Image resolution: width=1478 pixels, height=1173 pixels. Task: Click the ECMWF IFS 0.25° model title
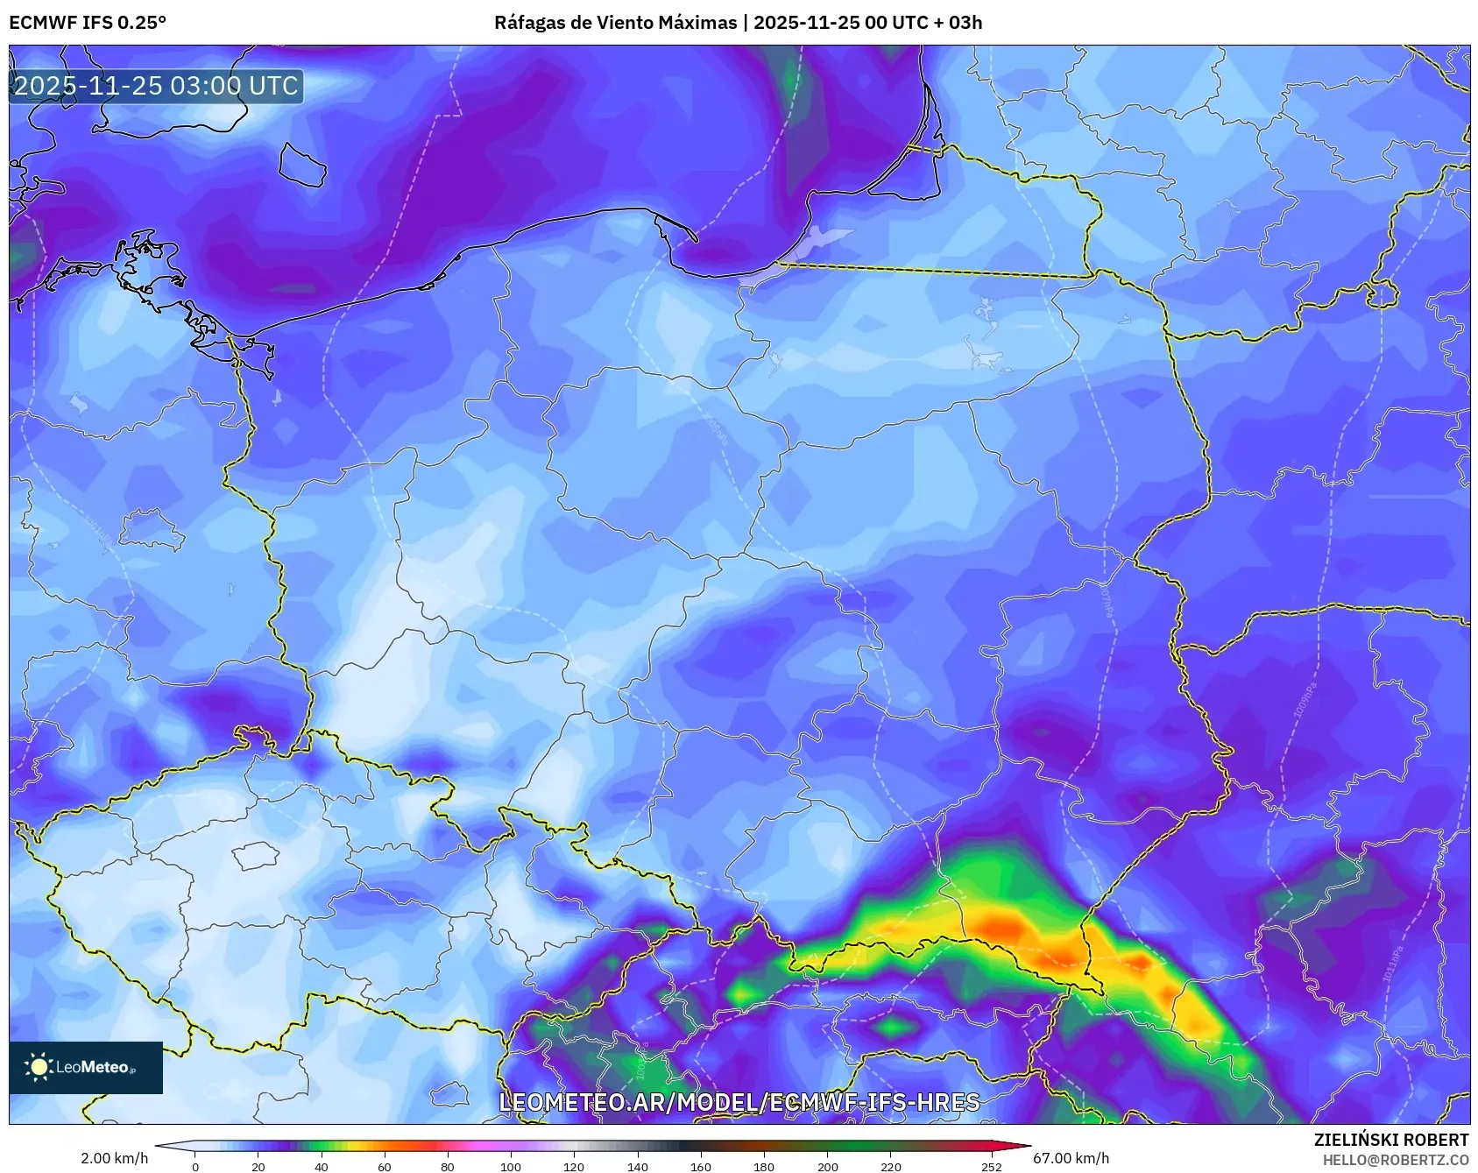point(88,23)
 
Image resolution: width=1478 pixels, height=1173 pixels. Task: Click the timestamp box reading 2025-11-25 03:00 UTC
point(156,86)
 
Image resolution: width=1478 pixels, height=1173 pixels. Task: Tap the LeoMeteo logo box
point(86,1067)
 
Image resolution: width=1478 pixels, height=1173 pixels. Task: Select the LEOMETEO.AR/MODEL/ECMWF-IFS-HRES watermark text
point(739,1102)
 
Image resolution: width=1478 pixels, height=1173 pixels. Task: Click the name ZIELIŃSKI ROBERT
point(1390,1140)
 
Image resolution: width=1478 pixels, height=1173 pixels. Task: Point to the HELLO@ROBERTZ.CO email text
point(1395,1160)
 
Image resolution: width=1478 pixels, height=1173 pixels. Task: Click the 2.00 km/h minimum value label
point(114,1158)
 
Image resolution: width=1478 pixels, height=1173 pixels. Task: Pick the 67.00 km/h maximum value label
point(1071,1158)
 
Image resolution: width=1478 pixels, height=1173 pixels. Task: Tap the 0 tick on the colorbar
point(195,1167)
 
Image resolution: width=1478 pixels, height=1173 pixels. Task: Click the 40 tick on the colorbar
point(322,1167)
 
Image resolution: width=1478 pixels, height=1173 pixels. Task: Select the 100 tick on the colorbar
point(511,1167)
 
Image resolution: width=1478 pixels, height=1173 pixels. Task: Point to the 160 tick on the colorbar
point(701,1167)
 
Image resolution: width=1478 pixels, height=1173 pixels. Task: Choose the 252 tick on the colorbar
point(991,1167)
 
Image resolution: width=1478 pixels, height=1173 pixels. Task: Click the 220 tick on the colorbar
point(890,1167)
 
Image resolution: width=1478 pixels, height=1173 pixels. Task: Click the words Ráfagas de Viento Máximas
point(615,23)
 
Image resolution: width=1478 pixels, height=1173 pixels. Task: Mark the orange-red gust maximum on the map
point(1000,926)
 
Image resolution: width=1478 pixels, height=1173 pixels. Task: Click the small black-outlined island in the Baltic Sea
point(302,164)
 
